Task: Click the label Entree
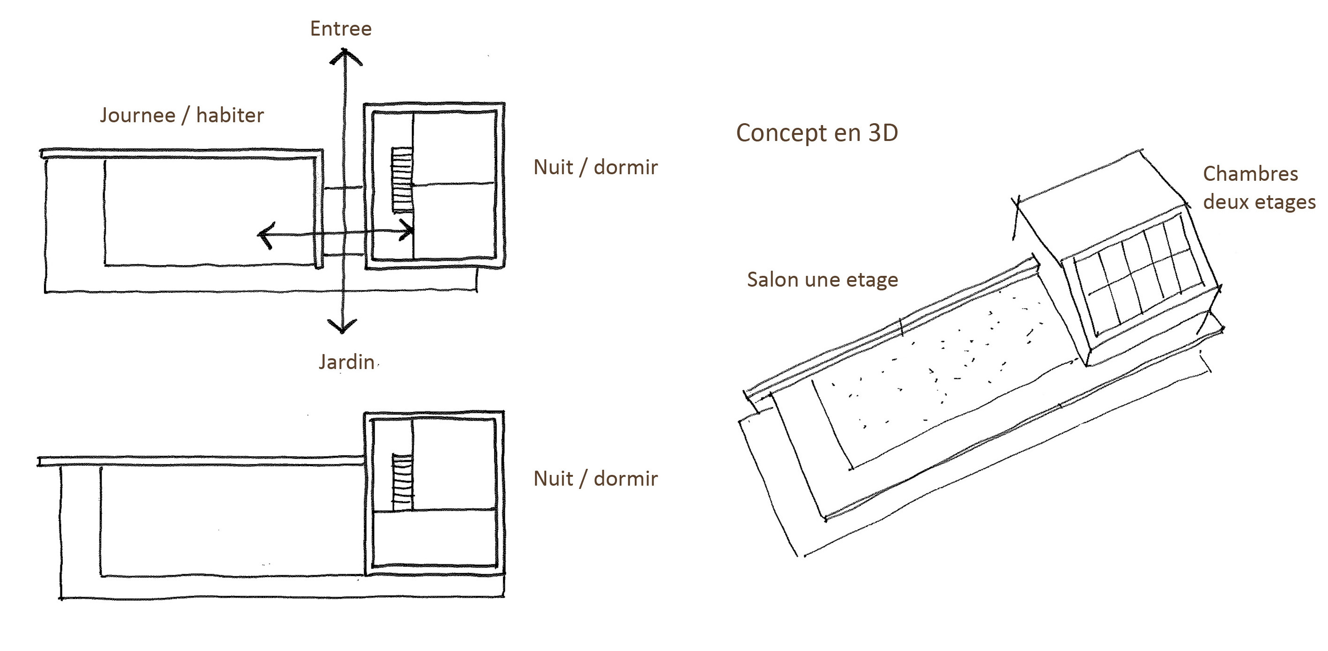click(x=340, y=29)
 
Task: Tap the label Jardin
click(x=347, y=362)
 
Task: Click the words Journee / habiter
click(x=181, y=116)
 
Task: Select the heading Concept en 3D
click(x=816, y=133)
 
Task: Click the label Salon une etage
click(x=822, y=280)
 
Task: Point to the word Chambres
click(x=1250, y=174)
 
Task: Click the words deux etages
click(x=1259, y=202)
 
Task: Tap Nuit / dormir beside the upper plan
click(x=595, y=168)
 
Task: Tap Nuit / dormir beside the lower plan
click(x=595, y=479)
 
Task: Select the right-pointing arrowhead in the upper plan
click(x=408, y=230)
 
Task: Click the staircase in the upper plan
click(x=402, y=179)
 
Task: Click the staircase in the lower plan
click(x=403, y=482)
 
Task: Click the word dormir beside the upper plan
click(x=626, y=168)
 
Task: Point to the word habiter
click(x=230, y=116)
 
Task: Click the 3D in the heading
click(x=883, y=133)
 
